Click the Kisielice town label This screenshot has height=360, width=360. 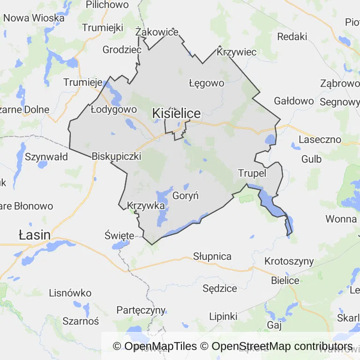tap(177, 113)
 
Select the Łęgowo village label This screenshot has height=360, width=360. tap(206, 83)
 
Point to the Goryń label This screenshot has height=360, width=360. tap(186, 195)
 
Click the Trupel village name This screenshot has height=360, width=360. tap(252, 173)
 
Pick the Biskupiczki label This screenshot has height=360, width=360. tap(117, 156)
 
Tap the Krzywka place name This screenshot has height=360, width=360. tap(146, 205)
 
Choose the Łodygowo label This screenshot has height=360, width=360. tap(113, 109)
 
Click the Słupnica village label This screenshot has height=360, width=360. tap(212, 256)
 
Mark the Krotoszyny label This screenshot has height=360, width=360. tap(289, 261)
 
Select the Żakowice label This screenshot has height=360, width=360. tap(157, 32)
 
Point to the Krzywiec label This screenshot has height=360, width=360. tap(237, 52)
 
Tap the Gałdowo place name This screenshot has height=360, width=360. tap(293, 101)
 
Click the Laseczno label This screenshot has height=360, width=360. tap(320, 140)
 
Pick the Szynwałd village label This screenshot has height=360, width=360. tap(47, 157)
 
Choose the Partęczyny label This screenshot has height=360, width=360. tap(141, 310)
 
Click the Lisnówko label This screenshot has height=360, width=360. tap(70, 293)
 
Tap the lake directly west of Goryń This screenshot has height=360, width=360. tap(162, 206)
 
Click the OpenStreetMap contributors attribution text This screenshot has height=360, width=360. tap(282, 346)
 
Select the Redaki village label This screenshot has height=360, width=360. tap(292, 37)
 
